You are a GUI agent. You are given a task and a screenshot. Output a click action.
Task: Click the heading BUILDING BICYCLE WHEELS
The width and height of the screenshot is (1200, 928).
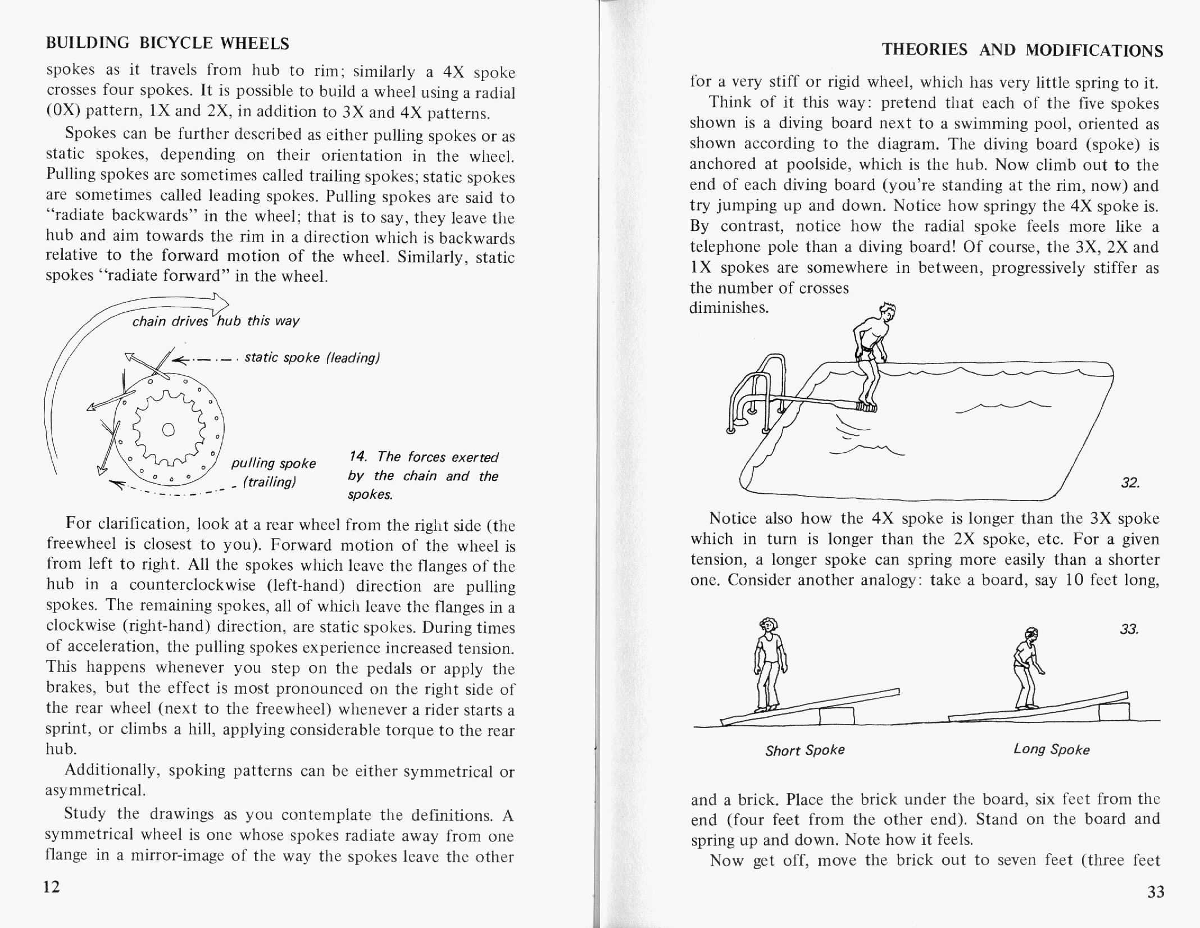(x=167, y=43)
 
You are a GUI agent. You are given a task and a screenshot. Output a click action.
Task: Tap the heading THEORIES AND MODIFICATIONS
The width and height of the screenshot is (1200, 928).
(x=1022, y=50)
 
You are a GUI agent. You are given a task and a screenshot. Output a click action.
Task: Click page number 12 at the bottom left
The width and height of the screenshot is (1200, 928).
(x=52, y=886)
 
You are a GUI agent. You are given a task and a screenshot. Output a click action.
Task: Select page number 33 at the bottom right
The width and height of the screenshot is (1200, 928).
(x=1156, y=892)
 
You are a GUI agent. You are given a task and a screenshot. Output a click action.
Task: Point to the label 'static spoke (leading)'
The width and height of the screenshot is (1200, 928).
(x=312, y=358)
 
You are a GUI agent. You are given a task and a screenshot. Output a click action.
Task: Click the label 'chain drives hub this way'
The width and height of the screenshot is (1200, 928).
(x=216, y=321)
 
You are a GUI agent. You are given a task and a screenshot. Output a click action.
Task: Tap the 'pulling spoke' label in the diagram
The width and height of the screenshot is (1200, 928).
(x=274, y=463)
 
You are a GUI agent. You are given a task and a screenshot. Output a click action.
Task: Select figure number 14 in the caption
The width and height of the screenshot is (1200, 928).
(x=357, y=456)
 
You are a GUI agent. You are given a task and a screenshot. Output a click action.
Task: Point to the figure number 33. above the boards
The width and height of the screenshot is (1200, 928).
(x=1129, y=629)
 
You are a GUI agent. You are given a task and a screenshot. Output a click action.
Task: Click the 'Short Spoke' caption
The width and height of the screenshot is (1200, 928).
(x=804, y=750)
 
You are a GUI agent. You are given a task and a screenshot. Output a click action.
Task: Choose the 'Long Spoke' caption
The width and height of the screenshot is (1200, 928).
(x=1051, y=749)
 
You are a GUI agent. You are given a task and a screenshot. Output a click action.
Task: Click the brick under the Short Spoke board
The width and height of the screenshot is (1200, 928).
(x=837, y=716)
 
